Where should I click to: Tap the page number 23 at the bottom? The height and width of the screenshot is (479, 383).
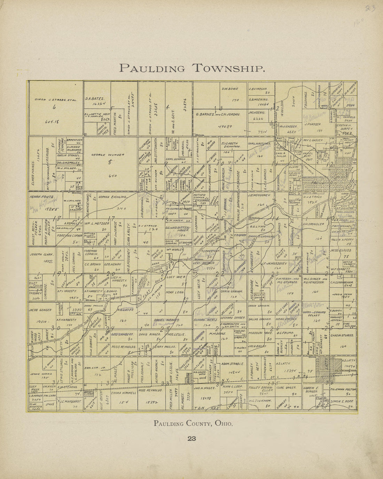(191, 439)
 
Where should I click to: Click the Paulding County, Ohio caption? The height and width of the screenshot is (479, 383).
(193, 424)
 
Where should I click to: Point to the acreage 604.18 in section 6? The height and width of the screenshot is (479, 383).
(50, 122)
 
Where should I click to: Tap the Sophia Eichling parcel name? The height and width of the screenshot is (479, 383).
(113, 197)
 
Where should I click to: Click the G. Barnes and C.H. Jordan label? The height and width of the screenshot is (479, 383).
(218, 114)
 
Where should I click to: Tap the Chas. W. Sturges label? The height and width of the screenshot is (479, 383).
(343, 336)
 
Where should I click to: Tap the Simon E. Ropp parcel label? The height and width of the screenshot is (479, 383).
(343, 401)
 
